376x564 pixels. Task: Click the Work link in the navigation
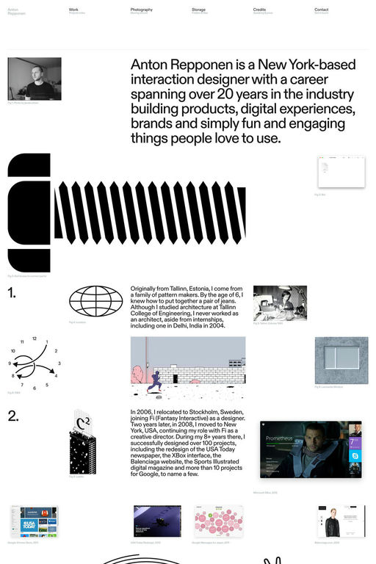pos(73,10)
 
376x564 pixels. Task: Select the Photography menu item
pos(142,10)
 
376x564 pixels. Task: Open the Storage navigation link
pos(198,10)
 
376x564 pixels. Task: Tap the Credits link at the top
pos(259,10)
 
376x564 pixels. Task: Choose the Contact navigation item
pos(321,10)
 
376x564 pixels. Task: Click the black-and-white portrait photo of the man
pos(35,79)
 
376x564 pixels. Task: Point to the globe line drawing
pos(95,301)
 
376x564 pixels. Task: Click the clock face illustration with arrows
pos(32,364)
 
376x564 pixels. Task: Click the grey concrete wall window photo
pos(341,360)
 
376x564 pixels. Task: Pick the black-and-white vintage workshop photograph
pos(280,303)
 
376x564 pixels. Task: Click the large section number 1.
pos(12,294)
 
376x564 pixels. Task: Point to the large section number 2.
pos(12,416)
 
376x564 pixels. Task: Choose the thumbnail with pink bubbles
pos(217,521)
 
